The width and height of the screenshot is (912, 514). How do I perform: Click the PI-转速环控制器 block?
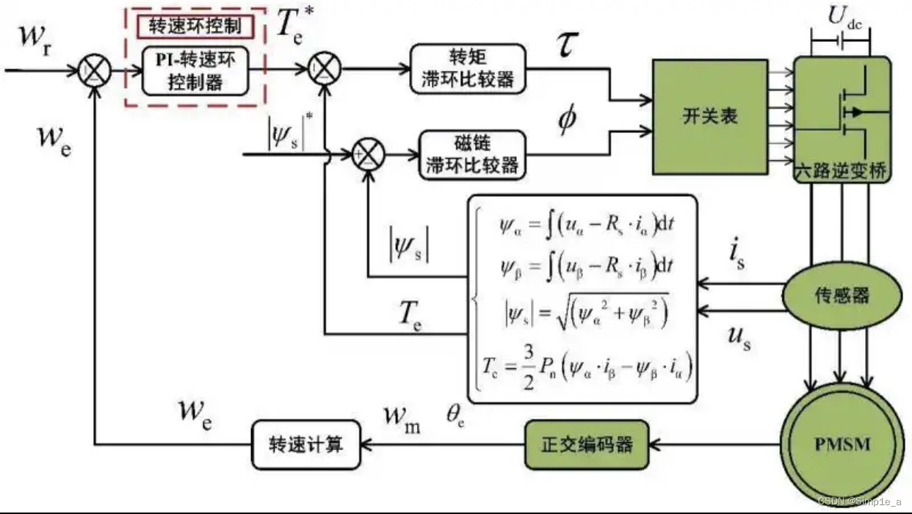[x=195, y=72]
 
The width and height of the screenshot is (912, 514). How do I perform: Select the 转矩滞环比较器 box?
[x=468, y=69]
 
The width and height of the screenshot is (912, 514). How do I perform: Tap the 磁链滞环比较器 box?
[x=473, y=155]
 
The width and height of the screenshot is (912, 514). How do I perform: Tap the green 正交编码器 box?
[x=587, y=445]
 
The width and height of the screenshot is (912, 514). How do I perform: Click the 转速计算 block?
[x=307, y=445]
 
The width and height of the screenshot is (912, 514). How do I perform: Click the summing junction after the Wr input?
[x=95, y=71]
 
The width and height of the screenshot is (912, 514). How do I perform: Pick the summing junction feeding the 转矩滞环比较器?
[x=324, y=71]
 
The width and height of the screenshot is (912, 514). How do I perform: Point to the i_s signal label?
[x=737, y=256]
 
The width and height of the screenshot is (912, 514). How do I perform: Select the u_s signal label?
[x=739, y=339]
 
